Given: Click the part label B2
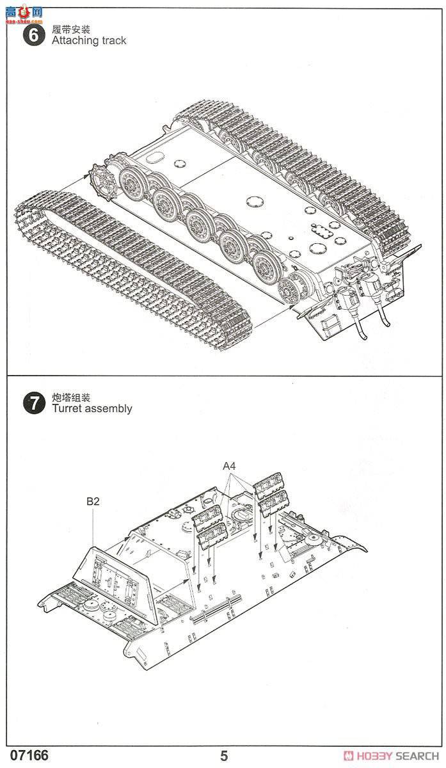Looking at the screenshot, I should [x=93, y=502].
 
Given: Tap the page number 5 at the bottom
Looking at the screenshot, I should [x=223, y=756].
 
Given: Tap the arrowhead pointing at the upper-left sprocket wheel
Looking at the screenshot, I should [x=88, y=173].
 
